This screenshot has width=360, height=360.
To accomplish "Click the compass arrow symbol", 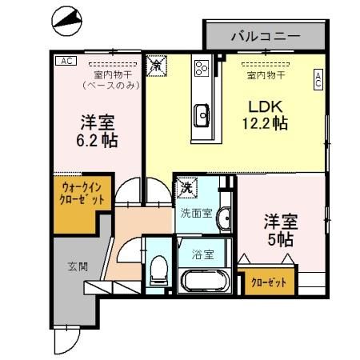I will (65, 19).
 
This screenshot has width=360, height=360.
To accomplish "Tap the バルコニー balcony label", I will (265, 36).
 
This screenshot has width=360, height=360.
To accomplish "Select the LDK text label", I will (265, 106).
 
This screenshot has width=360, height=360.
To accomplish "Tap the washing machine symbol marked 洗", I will (186, 186).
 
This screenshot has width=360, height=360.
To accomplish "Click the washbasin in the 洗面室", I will (225, 216).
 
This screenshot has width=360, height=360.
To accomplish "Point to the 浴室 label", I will (202, 256).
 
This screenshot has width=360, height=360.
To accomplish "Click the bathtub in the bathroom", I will (206, 282).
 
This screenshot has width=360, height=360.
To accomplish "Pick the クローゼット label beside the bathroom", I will (268, 282).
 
